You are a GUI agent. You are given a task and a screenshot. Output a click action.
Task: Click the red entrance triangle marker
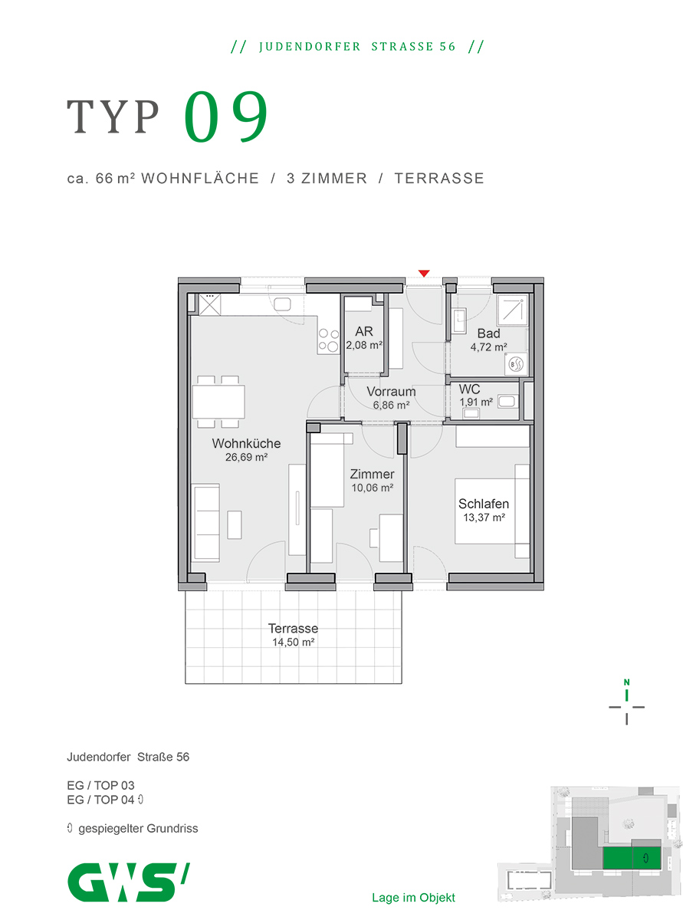pyautogui.click(x=423, y=273)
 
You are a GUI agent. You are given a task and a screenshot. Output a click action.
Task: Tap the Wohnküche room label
pyautogui.click(x=246, y=443)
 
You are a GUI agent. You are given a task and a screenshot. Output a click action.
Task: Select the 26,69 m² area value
pyautogui.click(x=246, y=457)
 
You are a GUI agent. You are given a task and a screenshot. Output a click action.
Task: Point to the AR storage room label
pyautogui.click(x=363, y=331)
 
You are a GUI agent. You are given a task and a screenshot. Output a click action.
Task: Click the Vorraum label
pyautogui.click(x=391, y=391)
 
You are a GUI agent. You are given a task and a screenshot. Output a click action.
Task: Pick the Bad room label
pyautogui.click(x=488, y=333)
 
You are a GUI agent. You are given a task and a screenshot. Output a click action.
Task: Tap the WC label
pyautogui.click(x=469, y=389)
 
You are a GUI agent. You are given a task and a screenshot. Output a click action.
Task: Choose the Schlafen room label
pyautogui.click(x=483, y=503)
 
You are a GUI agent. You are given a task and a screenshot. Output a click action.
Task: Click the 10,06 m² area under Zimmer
pyautogui.click(x=372, y=488)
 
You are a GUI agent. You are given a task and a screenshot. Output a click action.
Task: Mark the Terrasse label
pyautogui.click(x=293, y=628)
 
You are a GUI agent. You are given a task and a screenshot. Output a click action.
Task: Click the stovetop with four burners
pyautogui.click(x=328, y=340)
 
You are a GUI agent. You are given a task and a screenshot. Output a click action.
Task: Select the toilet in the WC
pyautogui.click(x=507, y=401)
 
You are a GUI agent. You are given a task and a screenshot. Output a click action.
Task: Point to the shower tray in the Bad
pyautogui.click(x=513, y=310)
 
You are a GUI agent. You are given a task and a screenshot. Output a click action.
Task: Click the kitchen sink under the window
pyautogui.click(x=282, y=304)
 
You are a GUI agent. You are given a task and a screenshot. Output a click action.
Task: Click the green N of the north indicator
pyautogui.click(x=626, y=682)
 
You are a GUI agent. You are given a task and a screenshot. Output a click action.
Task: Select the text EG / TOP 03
pyautogui.click(x=100, y=785)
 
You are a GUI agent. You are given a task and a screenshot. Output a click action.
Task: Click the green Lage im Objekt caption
pyautogui.click(x=413, y=898)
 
